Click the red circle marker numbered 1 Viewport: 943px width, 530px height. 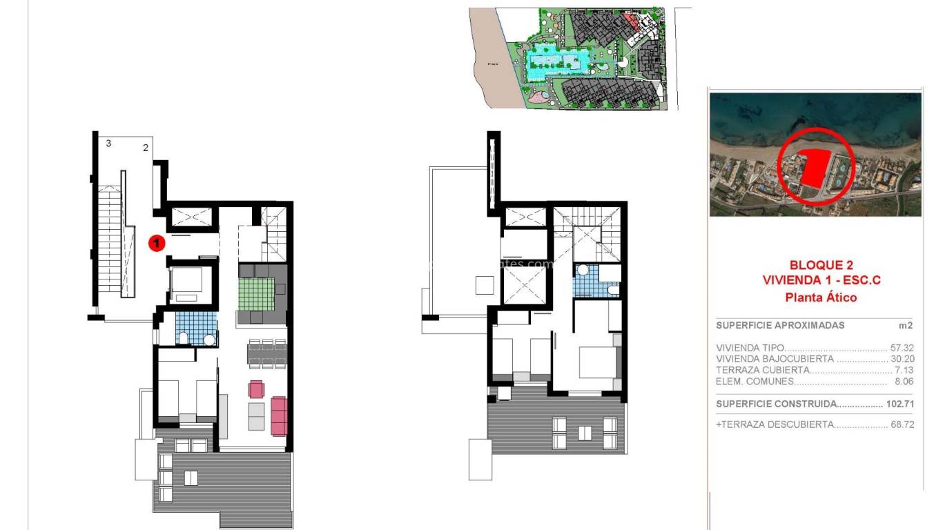tap(157, 243)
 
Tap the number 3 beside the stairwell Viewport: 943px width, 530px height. tap(108, 144)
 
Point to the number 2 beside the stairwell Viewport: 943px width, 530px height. tap(146, 148)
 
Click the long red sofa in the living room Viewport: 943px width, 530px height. tap(279, 415)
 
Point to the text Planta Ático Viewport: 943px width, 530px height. tap(821, 297)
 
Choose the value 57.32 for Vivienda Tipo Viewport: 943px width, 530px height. tap(902, 349)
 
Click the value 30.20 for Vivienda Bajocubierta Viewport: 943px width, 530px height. tap(902, 359)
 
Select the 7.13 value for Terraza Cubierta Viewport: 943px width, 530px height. tap(904, 370)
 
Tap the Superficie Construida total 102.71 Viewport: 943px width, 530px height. tap(899, 404)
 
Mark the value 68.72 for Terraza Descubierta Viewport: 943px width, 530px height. tap(902, 424)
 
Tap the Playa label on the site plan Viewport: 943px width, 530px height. tap(493, 63)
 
